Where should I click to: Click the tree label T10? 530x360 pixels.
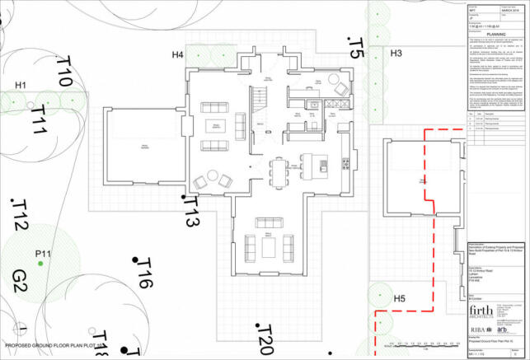(x=64, y=72)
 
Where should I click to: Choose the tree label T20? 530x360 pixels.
(x=264, y=339)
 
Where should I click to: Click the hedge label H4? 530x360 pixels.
(x=177, y=54)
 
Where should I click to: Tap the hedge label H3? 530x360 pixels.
(x=396, y=54)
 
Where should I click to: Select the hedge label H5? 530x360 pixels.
(x=399, y=297)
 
